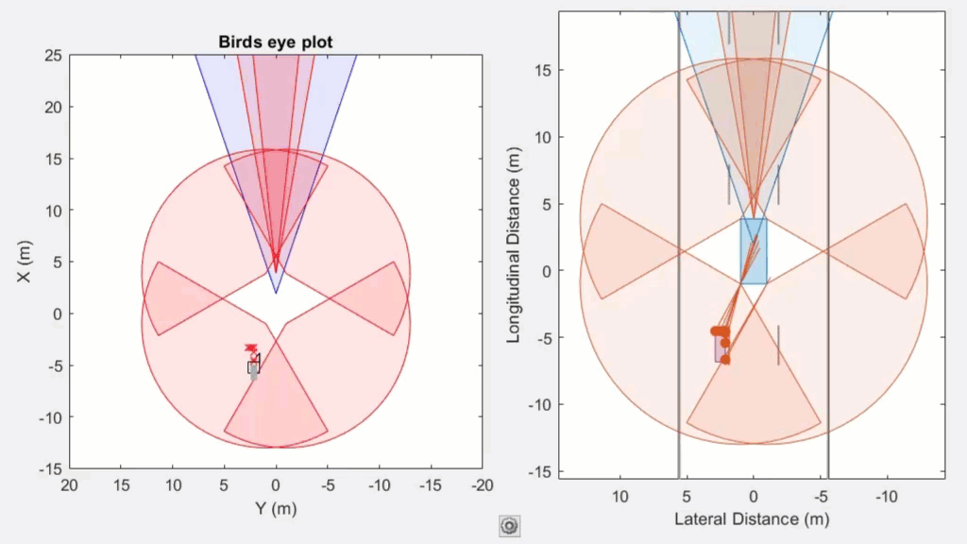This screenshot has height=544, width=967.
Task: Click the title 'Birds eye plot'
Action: pos(276,42)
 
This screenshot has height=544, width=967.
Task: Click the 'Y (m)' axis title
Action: pos(276,508)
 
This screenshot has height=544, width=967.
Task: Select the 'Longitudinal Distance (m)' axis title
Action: pos(516,244)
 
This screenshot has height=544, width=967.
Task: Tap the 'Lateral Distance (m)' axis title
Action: pos(752,518)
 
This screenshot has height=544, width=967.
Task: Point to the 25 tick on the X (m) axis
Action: pos(53,56)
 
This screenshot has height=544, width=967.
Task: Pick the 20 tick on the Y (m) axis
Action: pos(69,484)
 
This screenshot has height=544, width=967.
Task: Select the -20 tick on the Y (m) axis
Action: pos(482,484)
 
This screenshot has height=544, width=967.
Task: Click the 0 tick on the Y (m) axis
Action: pos(276,484)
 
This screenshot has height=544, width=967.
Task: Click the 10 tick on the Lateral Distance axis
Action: pos(619,495)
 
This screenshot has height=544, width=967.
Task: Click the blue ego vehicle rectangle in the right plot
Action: pos(753,250)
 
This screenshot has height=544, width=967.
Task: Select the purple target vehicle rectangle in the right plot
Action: pos(720,348)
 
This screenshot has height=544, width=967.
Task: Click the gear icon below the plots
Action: pos(510,526)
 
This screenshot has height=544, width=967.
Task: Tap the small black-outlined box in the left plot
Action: pos(253,367)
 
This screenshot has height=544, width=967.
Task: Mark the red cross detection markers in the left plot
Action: pos(250,348)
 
